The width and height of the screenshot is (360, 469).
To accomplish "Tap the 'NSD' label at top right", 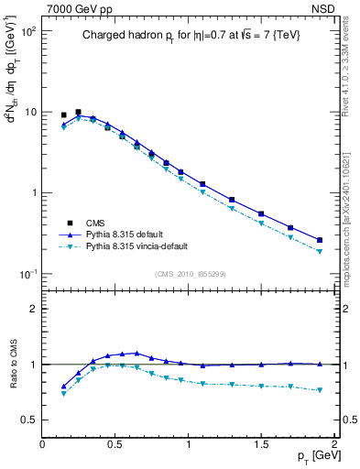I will pyautogui.click(x=323, y=7).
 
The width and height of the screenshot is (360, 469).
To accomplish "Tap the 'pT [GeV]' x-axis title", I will pyautogui.click(x=312, y=455).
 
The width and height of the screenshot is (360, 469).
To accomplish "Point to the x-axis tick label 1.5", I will pyautogui.click(x=261, y=444).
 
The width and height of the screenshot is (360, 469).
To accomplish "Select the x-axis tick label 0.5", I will pyautogui.click(x=115, y=444).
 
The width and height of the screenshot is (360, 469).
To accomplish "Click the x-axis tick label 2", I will pyautogui.click(x=333, y=444).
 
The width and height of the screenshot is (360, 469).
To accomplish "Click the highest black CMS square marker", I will pyautogui.click(x=78, y=112).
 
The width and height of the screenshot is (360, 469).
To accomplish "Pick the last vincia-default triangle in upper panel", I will pyautogui.click(x=320, y=251).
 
